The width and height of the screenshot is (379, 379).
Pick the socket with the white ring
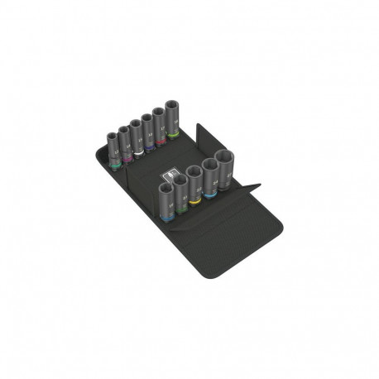[137, 137]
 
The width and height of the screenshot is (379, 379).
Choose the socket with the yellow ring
[194, 185]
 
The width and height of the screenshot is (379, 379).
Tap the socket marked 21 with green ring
[180, 192]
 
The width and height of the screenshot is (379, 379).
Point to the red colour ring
[161, 142]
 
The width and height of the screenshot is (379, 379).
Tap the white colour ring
[137, 151]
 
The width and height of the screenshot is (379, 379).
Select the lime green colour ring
[174, 135]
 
